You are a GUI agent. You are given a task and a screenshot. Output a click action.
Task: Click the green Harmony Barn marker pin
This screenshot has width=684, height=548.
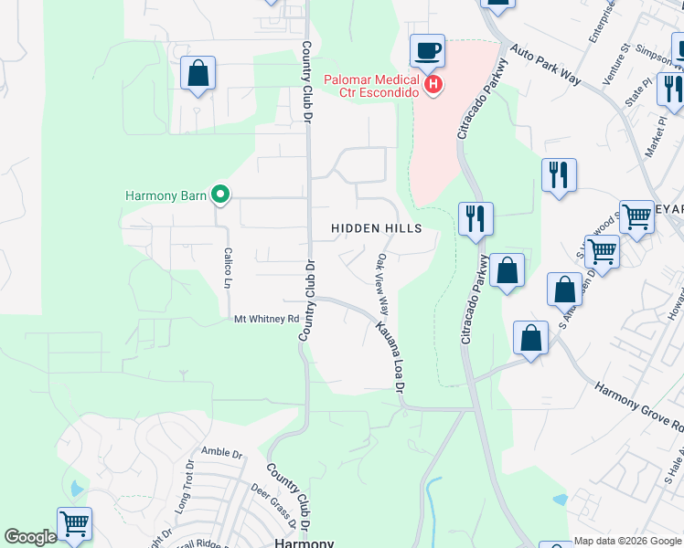(219, 194)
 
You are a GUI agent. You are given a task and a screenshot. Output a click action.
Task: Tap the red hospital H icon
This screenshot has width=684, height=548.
(433, 86)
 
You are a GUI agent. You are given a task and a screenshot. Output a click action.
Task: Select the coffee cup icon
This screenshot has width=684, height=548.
(426, 50)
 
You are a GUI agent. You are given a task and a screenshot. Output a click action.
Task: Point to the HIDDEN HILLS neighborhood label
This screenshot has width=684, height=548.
(377, 228)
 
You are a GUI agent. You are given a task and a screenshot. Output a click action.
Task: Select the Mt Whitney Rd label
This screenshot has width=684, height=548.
(267, 319)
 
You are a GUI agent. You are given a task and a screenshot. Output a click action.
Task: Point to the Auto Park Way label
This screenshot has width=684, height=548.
(545, 65)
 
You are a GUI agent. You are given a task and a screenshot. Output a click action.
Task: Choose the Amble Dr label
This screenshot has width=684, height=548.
(221, 452)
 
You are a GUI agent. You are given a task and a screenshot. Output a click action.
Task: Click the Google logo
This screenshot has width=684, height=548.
(30, 537)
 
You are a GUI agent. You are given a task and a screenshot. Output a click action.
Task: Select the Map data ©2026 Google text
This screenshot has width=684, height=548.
(628, 541)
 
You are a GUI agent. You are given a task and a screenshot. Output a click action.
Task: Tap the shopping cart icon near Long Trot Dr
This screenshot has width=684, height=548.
(74, 524)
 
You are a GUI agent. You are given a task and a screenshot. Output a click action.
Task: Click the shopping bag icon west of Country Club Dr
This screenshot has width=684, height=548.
(198, 73)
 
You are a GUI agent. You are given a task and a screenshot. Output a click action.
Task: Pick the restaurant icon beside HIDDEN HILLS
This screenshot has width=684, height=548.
(476, 219)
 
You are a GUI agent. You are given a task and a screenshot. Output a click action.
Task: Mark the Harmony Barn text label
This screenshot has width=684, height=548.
(166, 195)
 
